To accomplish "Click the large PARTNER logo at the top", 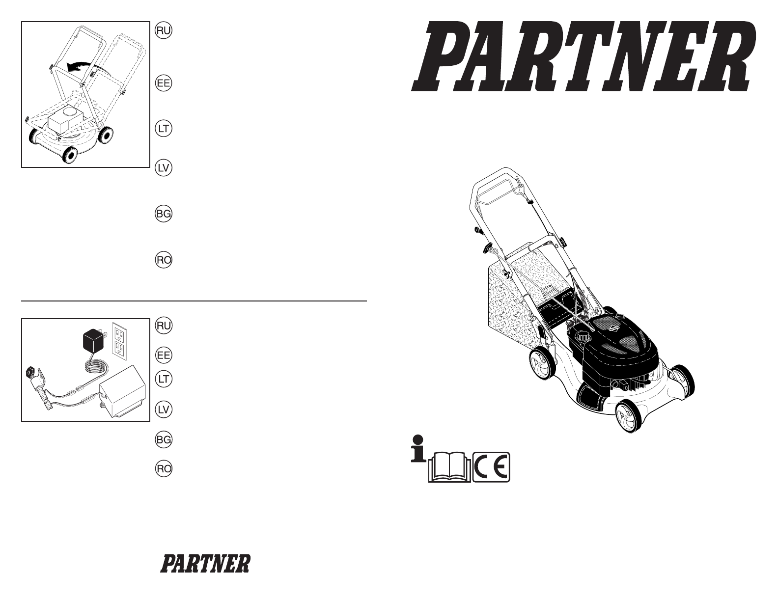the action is (x=583, y=56).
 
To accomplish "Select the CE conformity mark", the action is (x=491, y=467).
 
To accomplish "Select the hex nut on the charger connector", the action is (x=29, y=373).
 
